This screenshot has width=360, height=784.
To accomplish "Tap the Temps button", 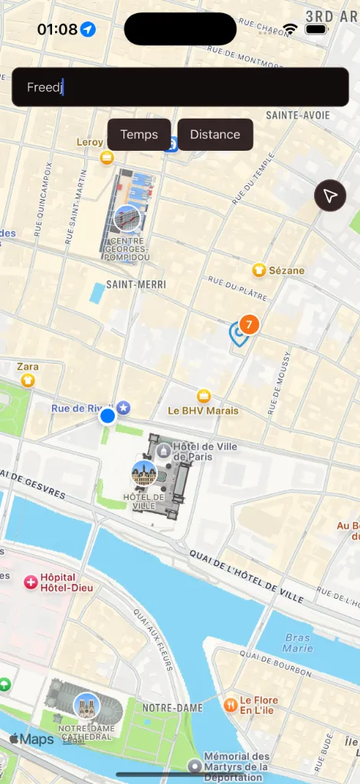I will tap(139, 135).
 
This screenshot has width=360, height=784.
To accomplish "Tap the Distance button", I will tap(215, 135).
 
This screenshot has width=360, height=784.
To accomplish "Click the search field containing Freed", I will tap(180, 87).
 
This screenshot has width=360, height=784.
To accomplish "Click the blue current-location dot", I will tap(108, 416).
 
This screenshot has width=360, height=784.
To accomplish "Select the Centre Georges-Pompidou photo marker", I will tap(126, 218).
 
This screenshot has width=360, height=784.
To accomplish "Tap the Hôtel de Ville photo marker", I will tap(144, 473).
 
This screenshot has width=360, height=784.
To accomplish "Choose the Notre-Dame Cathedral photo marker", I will tap(86, 706).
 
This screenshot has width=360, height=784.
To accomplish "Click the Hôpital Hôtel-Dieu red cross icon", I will tap(31, 583).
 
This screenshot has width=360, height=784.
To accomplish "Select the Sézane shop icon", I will tap(260, 270).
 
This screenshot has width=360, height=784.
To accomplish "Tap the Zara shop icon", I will tap(28, 380).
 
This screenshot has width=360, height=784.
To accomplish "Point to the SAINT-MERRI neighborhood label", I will tap(136, 285).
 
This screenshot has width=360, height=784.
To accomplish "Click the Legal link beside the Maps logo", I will tap(74, 740).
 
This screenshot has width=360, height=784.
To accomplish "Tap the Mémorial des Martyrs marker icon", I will tap(195, 766).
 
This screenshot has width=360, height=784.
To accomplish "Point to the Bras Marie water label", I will tap(298, 643).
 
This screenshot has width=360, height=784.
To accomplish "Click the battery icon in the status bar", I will tap(316, 29).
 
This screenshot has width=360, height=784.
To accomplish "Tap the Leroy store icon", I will tap(107, 157).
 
